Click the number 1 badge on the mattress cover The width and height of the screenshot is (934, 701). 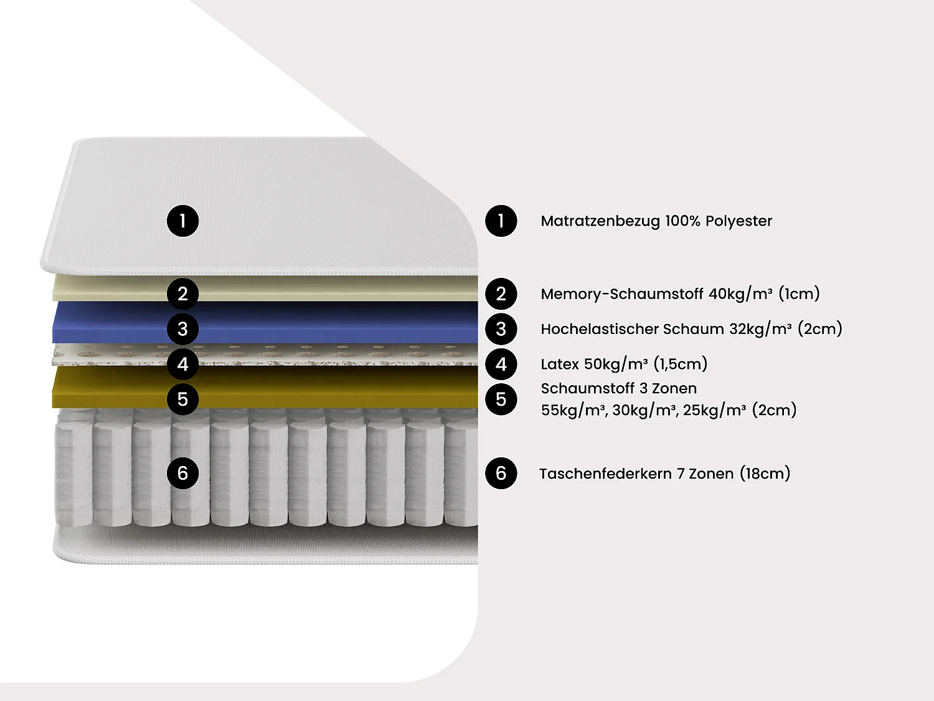point(182,221)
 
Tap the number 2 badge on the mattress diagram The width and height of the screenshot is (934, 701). point(182,293)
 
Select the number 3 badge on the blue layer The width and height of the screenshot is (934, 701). point(182,328)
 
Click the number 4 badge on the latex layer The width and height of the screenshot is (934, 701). point(182,364)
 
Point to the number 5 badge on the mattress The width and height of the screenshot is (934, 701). point(182,399)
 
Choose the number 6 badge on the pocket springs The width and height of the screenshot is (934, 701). point(182,473)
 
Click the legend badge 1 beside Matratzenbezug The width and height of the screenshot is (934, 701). point(501,221)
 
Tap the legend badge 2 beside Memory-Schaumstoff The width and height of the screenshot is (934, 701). point(501,293)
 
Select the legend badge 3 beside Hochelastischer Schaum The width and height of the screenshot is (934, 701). point(501,328)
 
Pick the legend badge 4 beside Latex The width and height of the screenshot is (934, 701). point(501,364)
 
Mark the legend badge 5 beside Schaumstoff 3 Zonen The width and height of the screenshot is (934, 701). point(501,399)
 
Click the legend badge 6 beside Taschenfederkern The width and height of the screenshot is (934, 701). point(501,473)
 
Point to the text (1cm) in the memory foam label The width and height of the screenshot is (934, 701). point(799,293)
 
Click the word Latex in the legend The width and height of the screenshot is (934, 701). point(560,364)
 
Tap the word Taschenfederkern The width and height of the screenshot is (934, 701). point(605,474)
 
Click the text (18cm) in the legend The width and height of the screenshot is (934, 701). point(765,474)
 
